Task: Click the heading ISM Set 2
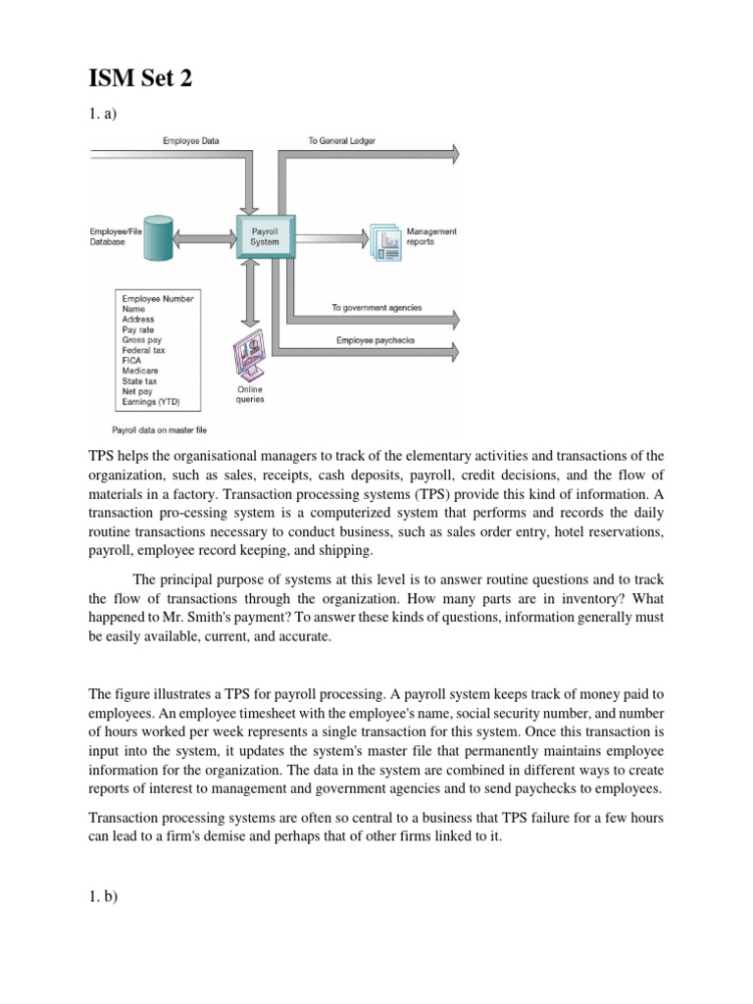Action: point(141,79)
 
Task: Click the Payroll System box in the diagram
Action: point(264,235)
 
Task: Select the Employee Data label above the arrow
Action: point(190,141)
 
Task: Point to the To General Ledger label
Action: point(341,141)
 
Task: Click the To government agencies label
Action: point(376,308)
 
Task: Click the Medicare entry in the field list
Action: point(139,372)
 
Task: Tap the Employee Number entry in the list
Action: point(158,297)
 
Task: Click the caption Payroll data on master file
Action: point(160,428)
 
